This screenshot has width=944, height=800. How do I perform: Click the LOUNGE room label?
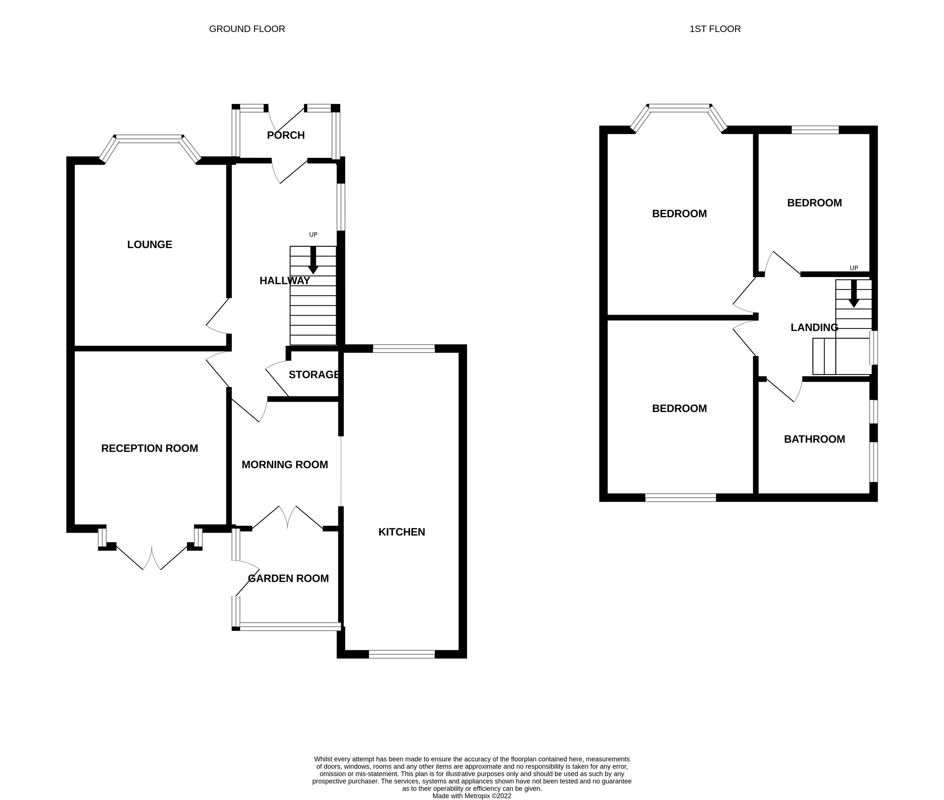coord(149,245)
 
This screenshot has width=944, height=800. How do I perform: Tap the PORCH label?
coord(286,135)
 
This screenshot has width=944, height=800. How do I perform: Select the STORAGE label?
coord(314,375)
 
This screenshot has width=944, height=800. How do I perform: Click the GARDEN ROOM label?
coord(288,578)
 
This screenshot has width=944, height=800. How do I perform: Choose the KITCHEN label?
coord(402,532)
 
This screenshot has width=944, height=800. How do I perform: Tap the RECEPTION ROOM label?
coord(149,448)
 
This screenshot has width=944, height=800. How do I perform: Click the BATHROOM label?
coord(814,439)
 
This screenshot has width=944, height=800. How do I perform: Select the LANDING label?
coord(814,327)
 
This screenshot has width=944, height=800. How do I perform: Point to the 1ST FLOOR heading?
coord(715,29)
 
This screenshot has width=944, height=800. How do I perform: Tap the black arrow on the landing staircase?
coord(854,294)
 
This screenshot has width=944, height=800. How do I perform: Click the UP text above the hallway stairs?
coord(313,235)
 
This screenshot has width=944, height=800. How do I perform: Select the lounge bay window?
coord(150,139)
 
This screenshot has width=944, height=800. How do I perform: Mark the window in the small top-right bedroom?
coord(815,130)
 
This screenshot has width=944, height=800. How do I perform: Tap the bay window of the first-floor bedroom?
coord(679,108)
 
